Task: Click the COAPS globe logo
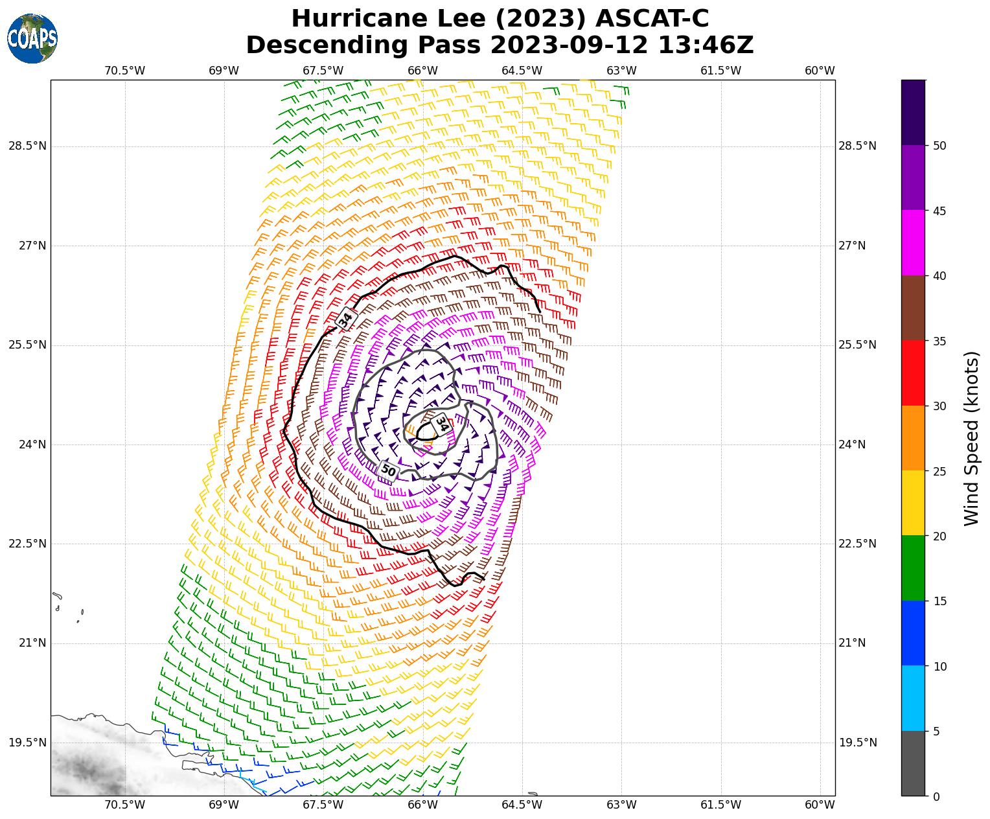(32, 39)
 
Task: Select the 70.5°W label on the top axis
(125, 71)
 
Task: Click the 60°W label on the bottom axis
(820, 805)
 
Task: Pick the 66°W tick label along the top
(422, 71)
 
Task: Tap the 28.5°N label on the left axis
(27, 146)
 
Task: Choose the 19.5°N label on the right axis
(858, 743)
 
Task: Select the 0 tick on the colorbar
(935, 796)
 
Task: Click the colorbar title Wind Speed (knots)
(971, 438)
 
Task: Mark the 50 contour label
(388, 470)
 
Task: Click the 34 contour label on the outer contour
(346, 319)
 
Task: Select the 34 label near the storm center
(441, 424)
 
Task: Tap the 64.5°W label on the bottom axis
(522, 805)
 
